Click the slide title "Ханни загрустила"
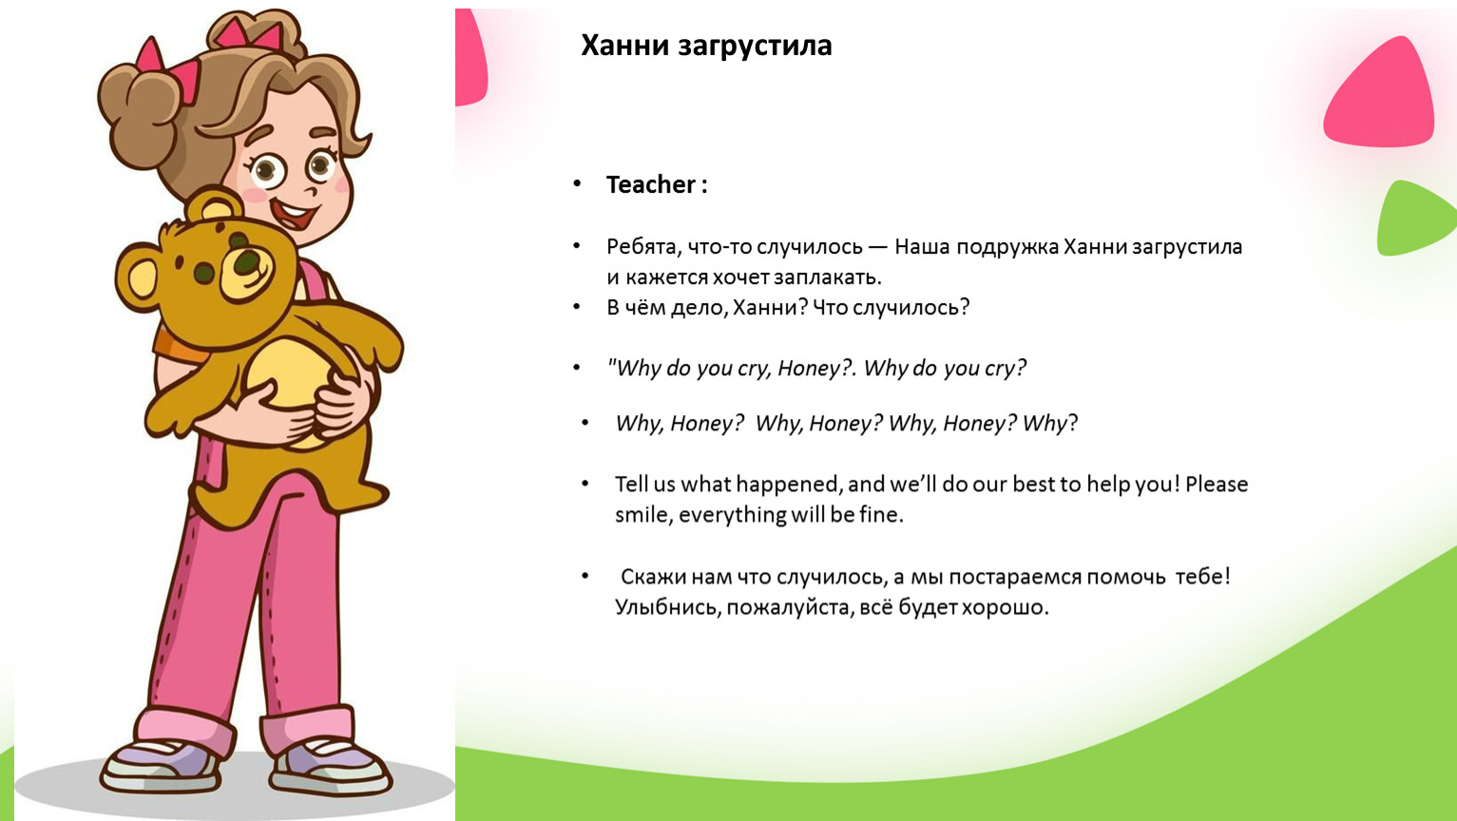pyautogui.click(x=706, y=47)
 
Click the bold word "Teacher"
pyautogui.click(x=651, y=184)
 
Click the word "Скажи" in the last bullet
pyautogui.click(x=653, y=577)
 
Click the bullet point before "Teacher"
pyautogui.click(x=577, y=184)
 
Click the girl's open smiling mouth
pyautogui.click(x=294, y=214)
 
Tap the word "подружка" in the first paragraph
pyautogui.click(x=1007, y=248)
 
